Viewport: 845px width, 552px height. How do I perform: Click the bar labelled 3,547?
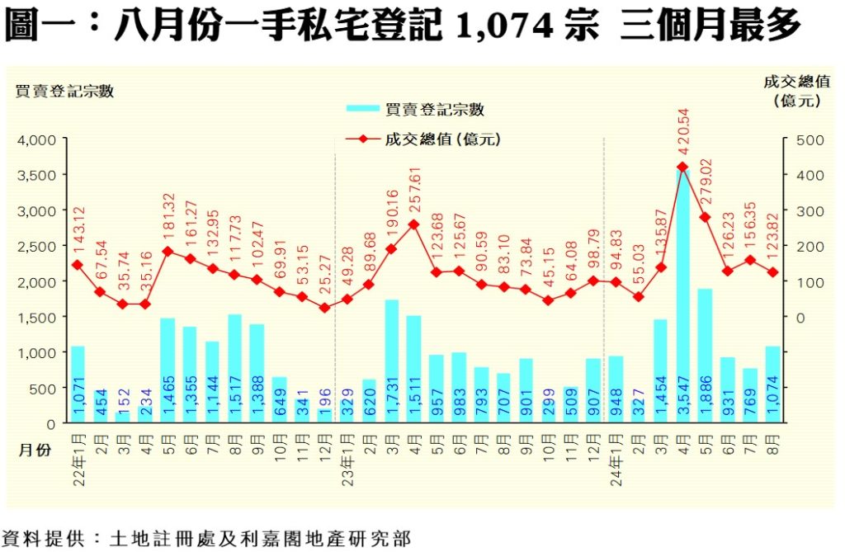click(x=682, y=297)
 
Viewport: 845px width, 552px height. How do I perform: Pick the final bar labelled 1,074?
click(x=772, y=385)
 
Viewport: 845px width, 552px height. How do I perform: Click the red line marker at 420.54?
click(x=682, y=167)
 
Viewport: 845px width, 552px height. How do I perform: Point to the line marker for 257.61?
click(x=413, y=224)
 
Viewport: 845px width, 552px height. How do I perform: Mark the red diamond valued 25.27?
click(x=324, y=308)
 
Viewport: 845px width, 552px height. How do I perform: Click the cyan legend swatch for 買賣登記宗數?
click(x=361, y=109)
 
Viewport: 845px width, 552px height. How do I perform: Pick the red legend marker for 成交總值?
click(x=361, y=139)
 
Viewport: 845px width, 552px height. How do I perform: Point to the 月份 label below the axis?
click(x=34, y=449)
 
